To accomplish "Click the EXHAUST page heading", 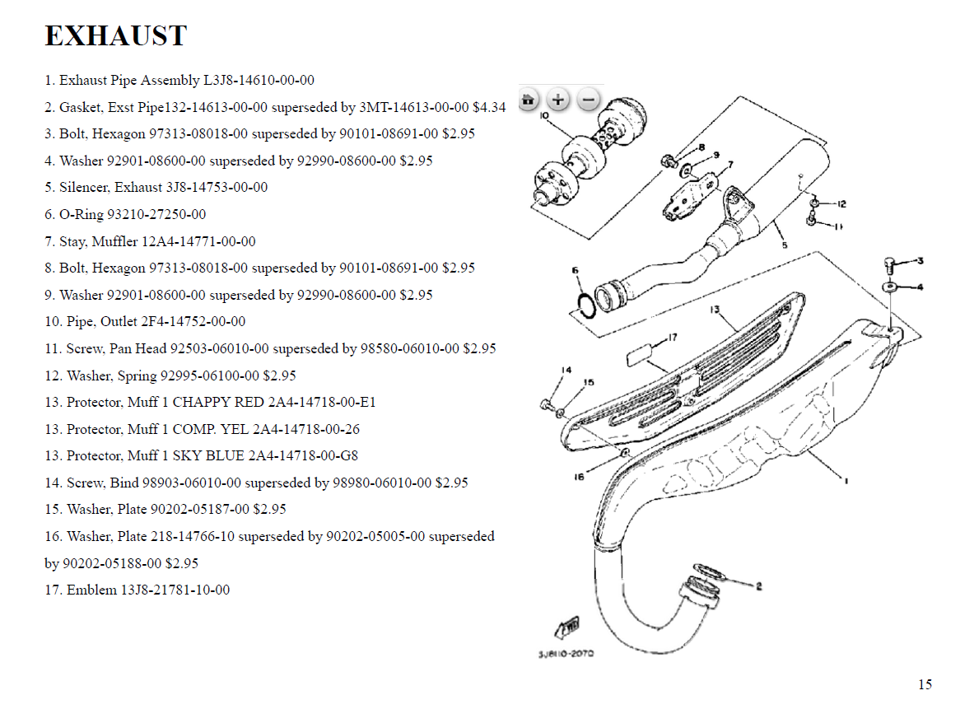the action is [116, 36].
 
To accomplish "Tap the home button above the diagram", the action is [528, 100].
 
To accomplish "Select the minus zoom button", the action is [588, 100].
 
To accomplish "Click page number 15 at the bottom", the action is [925, 684].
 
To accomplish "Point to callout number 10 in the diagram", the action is [544, 115].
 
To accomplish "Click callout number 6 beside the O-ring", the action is [576, 270].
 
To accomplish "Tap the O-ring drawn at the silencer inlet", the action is [586, 306].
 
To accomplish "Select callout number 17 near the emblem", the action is [673, 338].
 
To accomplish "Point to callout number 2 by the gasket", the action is [758, 585].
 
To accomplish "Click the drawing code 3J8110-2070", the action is [566, 654].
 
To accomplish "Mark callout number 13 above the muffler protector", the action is [715, 310].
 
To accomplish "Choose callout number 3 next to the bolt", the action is [920, 261].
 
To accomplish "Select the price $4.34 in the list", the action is [489, 107].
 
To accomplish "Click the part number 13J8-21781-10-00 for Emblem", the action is [175, 590].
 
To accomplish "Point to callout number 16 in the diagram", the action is [579, 477].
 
